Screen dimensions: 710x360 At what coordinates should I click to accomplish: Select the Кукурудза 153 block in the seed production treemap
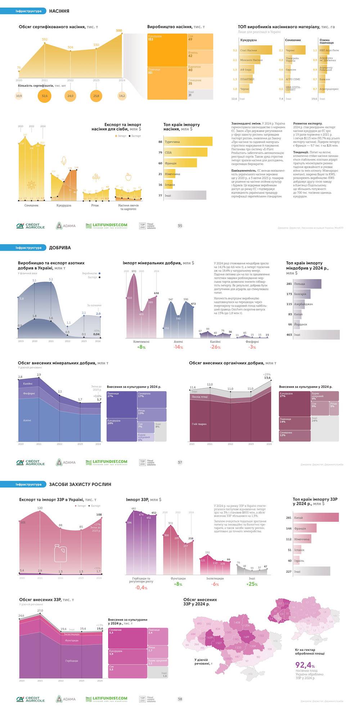click(x=167, y=50)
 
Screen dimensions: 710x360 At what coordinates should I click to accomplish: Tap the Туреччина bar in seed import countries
click(x=188, y=142)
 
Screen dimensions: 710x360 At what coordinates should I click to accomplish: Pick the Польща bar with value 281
click(x=307, y=284)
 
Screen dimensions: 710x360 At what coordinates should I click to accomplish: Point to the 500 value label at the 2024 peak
click(x=119, y=31)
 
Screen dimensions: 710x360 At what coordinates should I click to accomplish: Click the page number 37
click(x=180, y=462)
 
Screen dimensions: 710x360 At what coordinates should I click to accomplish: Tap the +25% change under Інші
click(x=252, y=584)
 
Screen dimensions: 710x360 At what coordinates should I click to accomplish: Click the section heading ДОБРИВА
click(x=60, y=248)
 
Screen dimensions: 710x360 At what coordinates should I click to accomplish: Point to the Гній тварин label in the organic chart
click(x=199, y=424)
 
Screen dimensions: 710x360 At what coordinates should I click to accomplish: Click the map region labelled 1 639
click(x=210, y=638)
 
